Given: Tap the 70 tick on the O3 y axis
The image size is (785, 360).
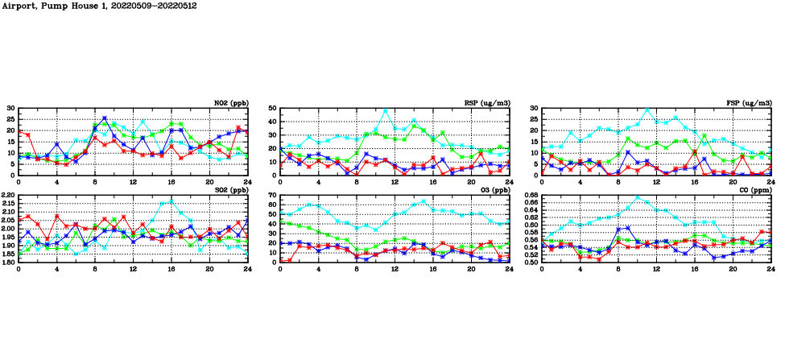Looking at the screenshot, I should tap(272, 196).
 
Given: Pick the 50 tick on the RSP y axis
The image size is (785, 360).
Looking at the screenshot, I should tap(272, 108).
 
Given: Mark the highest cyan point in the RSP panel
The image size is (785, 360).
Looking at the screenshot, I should tap(385, 110).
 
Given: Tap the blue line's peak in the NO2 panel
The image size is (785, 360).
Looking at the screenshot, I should tap(104, 118).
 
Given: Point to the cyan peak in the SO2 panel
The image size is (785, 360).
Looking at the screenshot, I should tap(171, 201).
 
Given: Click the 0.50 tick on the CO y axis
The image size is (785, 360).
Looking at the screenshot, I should tap(531, 263).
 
